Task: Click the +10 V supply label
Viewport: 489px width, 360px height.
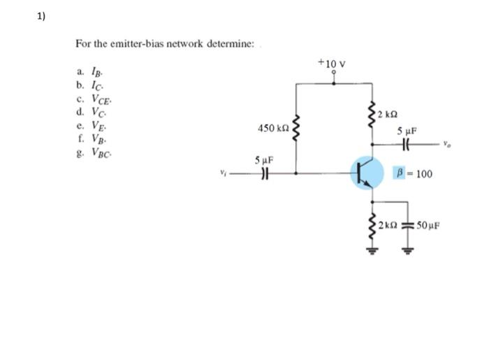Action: tap(332, 64)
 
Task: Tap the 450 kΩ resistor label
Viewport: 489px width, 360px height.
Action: tap(272, 129)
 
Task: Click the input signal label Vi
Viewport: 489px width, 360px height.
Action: tap(224, 173)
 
